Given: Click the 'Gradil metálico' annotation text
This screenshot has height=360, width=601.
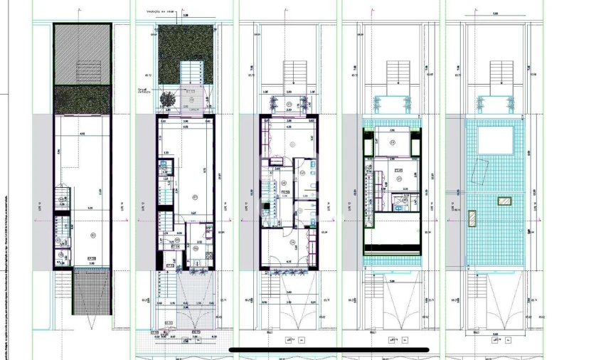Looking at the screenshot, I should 147,91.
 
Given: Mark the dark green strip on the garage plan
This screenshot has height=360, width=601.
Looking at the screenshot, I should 83,100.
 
